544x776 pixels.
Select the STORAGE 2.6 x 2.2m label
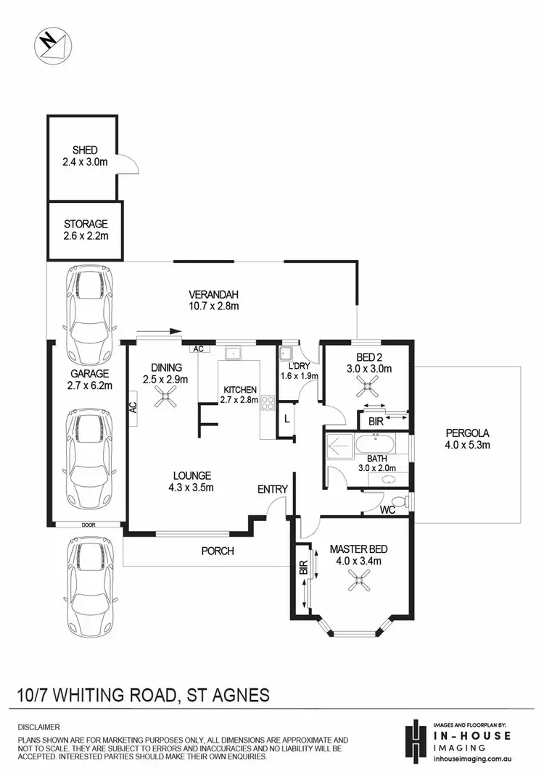(x=85, y=230)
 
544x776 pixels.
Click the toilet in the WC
(x=397, y=502)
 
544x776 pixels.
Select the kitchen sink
(x=234, y=354)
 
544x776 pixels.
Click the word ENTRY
(x=273, y=490)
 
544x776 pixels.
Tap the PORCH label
(x=218, y=551)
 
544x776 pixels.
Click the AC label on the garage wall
(x=133, y=406)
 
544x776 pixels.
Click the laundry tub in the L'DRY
(x=287, y=354)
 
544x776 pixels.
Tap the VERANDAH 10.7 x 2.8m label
(x=214, y=300)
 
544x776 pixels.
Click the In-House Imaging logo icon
(x=415, y=739)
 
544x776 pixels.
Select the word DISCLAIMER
(x=40, y=726)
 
